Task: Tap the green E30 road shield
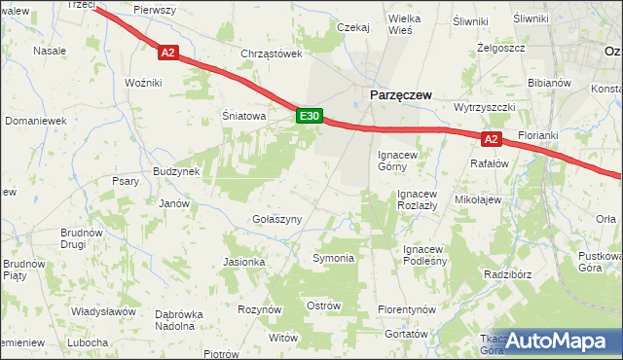309,116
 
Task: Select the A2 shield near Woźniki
167,54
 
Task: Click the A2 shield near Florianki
491,139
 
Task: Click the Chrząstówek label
274,54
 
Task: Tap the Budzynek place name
176,171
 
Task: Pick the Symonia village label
333,258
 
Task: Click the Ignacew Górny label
398,160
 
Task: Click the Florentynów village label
404,309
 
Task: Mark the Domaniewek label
35,121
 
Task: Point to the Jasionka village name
244,262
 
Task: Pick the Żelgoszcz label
501,47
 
